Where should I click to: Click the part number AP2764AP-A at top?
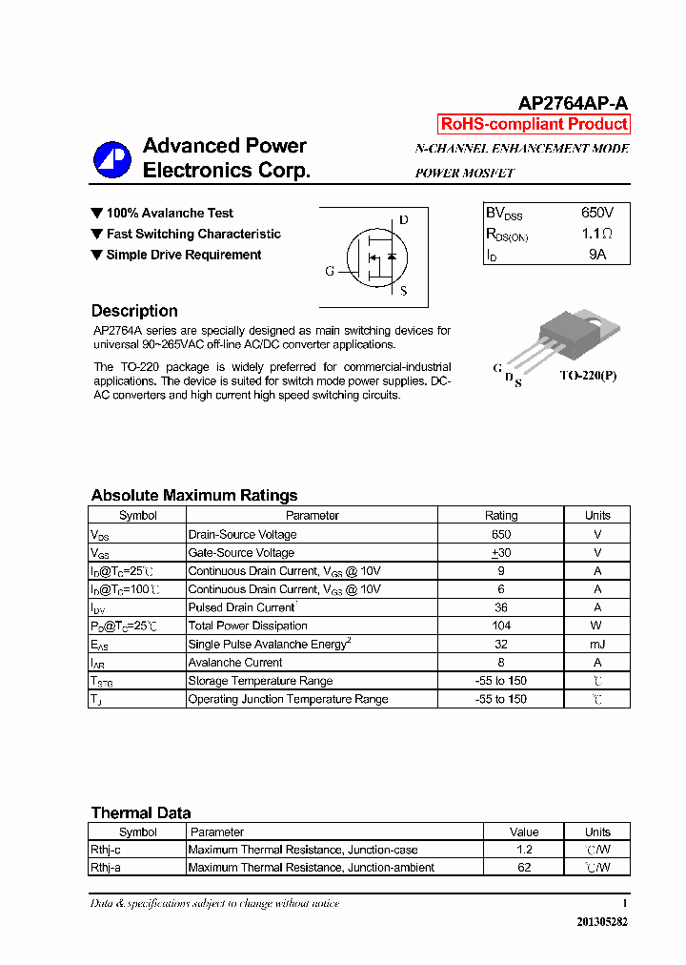pos(572,104)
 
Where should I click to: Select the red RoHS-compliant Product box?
pos(534,124)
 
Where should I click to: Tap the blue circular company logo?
pos(111,159)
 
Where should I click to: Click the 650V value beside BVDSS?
pos(597,213)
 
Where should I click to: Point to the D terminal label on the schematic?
pos(404,220)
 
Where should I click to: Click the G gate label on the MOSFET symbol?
pos(330,271)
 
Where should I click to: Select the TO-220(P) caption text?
pos(588,376)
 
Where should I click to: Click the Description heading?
pos(134,311)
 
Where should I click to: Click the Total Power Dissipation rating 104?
pos(501,626)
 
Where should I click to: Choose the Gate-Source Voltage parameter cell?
pos(241,553)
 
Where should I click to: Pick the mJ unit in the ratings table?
pos(597,645)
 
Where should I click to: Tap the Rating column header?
pos(501,516)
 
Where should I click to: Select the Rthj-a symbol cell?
pos(106,868)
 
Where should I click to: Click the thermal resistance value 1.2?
pos(524,850)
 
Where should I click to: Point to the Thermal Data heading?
pos(141,813)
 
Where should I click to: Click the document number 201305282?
pos(602,922)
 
